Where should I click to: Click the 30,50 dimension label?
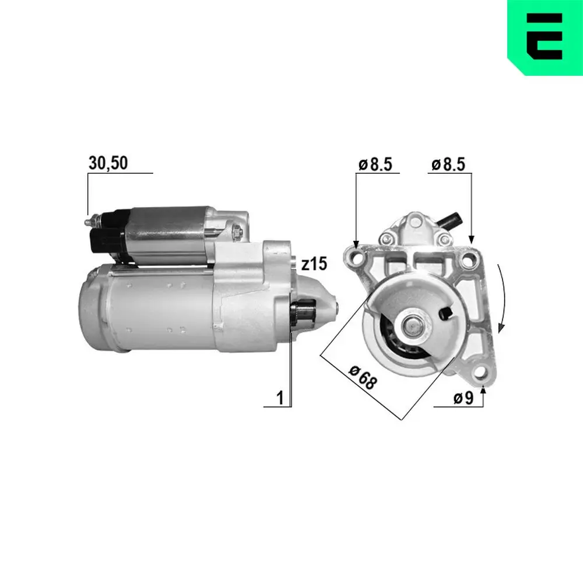click(x=108, y=164)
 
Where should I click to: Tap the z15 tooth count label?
click(x=314, y=264)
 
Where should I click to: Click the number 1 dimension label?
click(x=280, y=398)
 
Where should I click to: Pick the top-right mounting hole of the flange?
click(x=466, y=261)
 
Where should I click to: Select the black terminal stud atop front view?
click(x=451, y=222)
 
